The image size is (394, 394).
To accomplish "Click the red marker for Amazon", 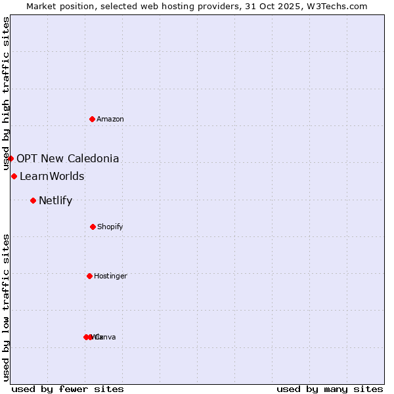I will (93, 119).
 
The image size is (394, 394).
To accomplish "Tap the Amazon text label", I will (110, 119).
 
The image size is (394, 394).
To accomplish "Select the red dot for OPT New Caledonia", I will (11, 158).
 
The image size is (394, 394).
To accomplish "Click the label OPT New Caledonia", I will (68, 158).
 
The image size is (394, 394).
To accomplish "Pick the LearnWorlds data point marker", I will (14, 176).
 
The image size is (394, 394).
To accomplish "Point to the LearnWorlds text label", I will (52, 176).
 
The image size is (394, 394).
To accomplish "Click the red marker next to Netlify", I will (33, 200).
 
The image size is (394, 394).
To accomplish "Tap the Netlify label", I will (55, 200).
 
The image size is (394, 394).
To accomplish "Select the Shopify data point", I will (93, 227).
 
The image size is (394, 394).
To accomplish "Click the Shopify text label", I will (110, 227).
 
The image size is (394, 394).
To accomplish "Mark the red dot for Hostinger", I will (89, 276).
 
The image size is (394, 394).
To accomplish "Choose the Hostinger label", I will (110, 276).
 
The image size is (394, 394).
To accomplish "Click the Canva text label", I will (106, 337).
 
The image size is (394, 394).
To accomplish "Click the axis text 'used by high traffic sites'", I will (7, 93).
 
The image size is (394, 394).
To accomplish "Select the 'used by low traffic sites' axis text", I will (7, 307).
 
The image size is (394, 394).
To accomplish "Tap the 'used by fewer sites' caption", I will (68, 389).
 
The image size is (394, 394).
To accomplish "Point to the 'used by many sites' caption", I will (330, 389).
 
